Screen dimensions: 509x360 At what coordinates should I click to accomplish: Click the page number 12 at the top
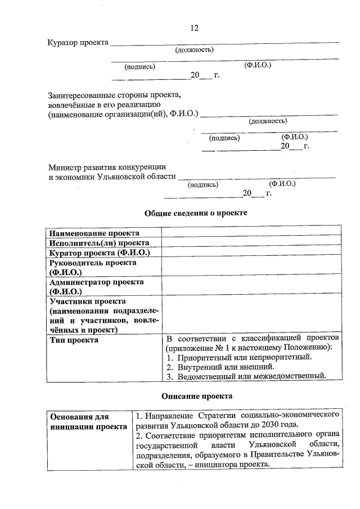pos(194,28)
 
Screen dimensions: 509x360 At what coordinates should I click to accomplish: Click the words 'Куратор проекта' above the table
pos(78,43)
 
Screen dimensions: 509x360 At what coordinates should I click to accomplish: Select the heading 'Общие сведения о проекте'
pos(196,213)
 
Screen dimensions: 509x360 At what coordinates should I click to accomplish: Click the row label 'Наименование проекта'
pos(94,233)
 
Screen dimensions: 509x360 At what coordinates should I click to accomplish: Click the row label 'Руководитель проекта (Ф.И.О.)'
pos(93,267)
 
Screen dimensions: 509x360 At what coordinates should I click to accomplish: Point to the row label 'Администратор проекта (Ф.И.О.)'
pos(96,287)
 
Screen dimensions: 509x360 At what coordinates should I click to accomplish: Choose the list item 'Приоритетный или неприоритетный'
pos(244,357)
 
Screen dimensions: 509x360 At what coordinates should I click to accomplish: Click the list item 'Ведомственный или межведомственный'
pos(251,376)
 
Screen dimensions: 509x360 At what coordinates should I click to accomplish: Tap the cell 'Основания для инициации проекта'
pos(88,422)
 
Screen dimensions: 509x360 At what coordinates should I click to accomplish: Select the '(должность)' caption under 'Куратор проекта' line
pos(194,50)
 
